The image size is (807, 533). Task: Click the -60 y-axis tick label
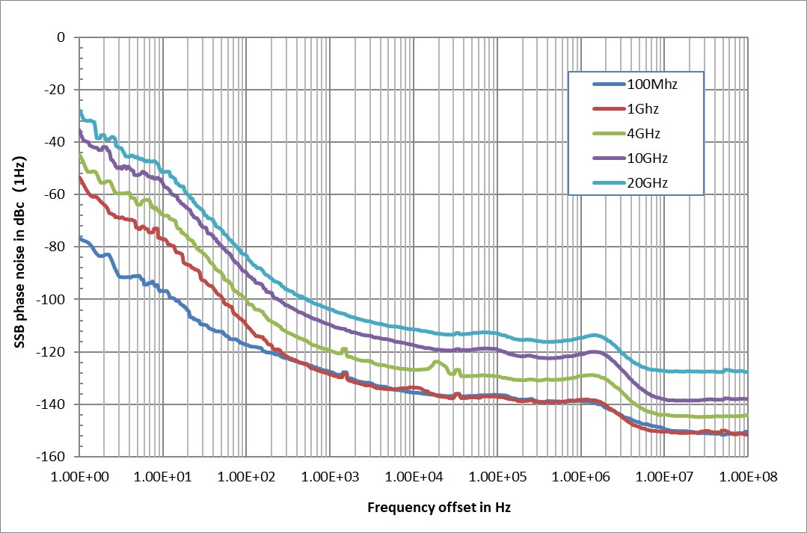[55, 194]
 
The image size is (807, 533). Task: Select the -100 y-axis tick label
[52, 300]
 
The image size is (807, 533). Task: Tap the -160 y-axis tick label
[52, 457]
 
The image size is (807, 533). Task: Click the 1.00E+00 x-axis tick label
[79, 475]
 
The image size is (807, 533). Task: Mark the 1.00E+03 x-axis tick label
[330, 475]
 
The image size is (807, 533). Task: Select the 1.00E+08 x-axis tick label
[747, 475]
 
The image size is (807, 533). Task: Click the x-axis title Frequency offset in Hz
[439, 508]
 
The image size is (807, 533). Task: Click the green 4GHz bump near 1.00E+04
[435, 363]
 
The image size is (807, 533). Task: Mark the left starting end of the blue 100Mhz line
[80, 238]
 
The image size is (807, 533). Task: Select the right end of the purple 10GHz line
[746, 399]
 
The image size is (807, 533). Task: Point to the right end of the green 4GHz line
[746, 416]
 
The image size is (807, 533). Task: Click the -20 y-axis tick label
[55, 90]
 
